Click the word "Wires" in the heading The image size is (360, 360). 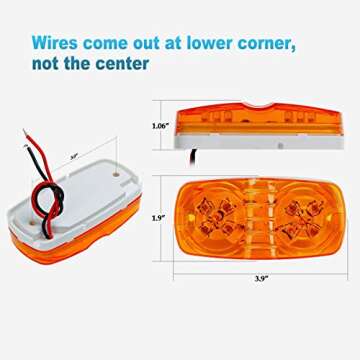coord(52,44)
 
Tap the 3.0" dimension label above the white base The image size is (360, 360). coord(76,156)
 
